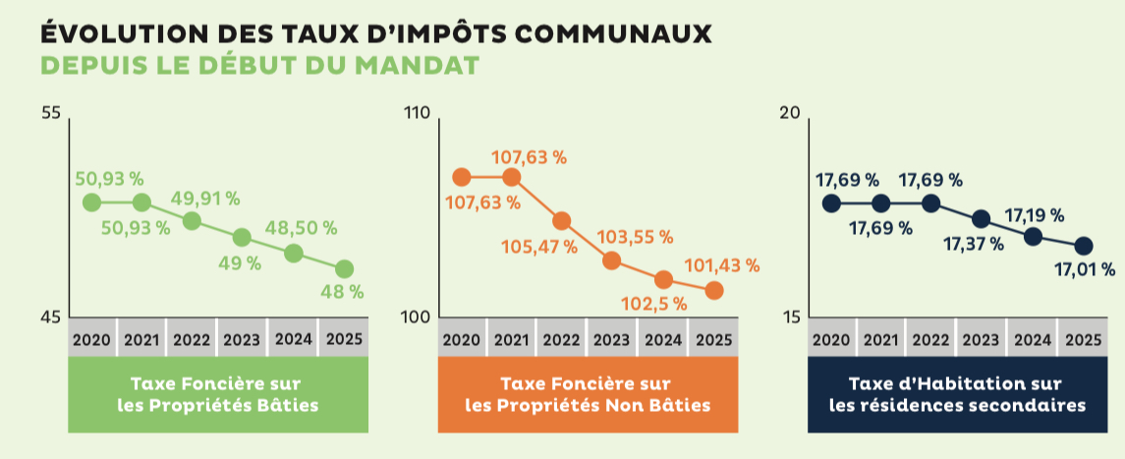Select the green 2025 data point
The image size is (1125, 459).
[344, 268]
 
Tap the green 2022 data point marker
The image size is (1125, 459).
[193, 220]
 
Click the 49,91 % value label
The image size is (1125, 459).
[205, 198]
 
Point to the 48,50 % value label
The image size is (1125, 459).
[301, 227]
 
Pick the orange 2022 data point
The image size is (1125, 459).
[562, 221]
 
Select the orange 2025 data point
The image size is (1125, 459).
[714, 290]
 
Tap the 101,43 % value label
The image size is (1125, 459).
[723, 264]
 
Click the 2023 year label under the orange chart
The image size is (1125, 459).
[611, 340]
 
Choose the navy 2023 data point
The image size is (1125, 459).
[982, 218]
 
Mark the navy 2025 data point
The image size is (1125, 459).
[1083, 246]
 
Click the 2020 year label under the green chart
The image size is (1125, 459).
[91, 340]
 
